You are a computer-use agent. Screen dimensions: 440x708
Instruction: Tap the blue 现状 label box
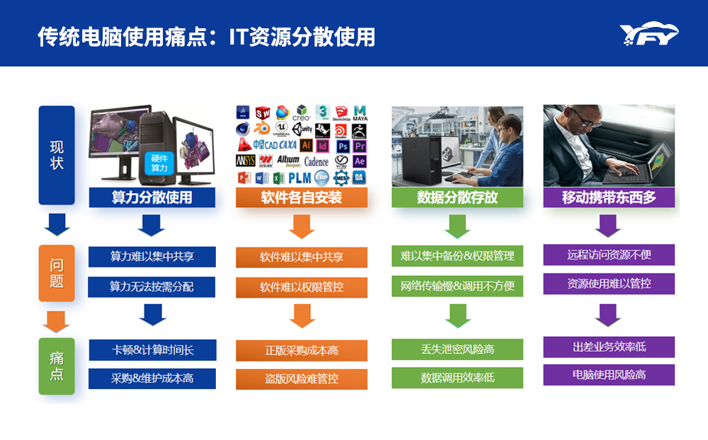tap(57, 156)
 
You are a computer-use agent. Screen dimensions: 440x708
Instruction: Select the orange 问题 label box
tap(57, 273)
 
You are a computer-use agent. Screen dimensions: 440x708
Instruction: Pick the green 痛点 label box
tap(57, 366)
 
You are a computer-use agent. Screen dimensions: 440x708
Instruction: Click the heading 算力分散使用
tap(152, 197)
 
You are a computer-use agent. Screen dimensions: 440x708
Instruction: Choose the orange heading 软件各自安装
tap(301, 197)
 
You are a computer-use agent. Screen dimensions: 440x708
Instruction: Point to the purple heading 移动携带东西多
tap(608, 197)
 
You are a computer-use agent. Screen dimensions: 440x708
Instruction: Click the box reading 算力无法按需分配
tap(152, 286)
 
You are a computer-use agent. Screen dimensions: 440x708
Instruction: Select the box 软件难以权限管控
tap(301, 287)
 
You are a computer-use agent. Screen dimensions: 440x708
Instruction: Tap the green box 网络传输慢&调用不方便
tap(457, 286)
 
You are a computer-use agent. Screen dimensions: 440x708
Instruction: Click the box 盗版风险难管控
tap(301, 379)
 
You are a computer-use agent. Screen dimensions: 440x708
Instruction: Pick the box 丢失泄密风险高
tap(457, 349)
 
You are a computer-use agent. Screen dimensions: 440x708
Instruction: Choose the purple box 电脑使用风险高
tap(608, 375)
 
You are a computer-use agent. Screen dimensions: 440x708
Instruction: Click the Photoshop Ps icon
tap(342, 146)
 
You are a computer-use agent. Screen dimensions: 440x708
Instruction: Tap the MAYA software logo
tap(360, 113)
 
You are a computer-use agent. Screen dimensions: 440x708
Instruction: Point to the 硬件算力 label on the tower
tap(159, 163)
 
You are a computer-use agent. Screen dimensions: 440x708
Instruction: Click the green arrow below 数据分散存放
tap(457, 225)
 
